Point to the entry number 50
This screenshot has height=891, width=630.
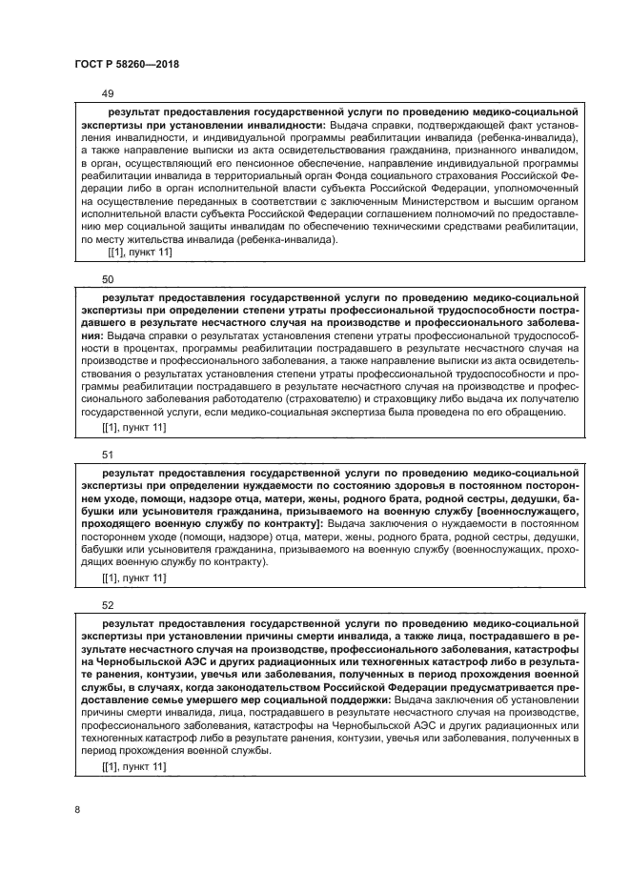click(107, 279)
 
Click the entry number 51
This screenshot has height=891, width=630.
click(107, 454)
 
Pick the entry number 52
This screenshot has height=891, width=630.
click(107, 603)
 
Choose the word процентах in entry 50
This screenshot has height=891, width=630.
click(125, 349)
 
